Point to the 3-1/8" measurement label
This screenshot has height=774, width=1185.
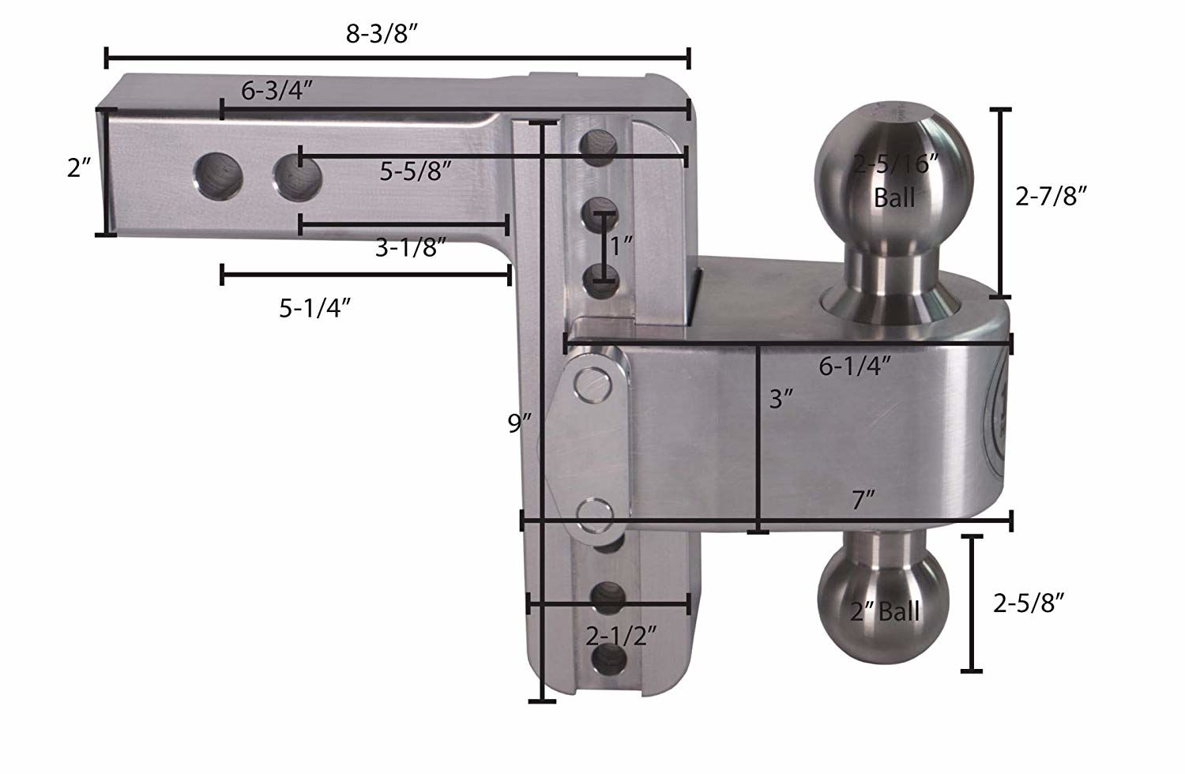(411, 248)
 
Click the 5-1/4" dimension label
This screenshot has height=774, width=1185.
(314, 308)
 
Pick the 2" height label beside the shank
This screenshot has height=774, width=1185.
(80, 168)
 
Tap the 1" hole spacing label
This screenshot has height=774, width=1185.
(622, 246)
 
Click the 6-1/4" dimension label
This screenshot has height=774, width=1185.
(856, 366)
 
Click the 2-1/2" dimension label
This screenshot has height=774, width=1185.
(623, 636)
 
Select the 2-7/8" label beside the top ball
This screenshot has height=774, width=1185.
(1051, 196)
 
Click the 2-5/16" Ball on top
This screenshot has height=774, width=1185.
(894, 166)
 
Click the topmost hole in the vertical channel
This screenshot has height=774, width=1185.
(599, 143)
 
